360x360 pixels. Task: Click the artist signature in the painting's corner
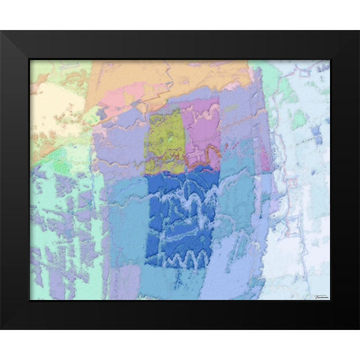click(319, 295)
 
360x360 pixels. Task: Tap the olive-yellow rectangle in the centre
click(166, 141)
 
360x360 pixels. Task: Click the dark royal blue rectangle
click(178, 217)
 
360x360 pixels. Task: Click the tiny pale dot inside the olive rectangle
click(171, 139)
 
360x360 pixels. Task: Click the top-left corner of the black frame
click(2, 32)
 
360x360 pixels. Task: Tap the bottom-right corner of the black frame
click(358, 328)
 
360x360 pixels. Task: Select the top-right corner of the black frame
click(358, 32)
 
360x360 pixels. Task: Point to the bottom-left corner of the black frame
click(2, 328)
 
